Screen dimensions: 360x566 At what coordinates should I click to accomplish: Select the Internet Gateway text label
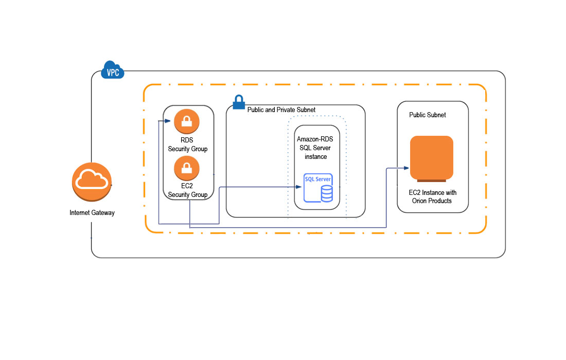[x=92, y=212]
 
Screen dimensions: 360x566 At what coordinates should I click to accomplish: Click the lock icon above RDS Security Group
[x=186, y=121]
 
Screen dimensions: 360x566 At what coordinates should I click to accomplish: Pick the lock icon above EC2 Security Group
[x=186, y=168]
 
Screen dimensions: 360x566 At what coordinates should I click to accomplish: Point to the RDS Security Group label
[x=187, y=145]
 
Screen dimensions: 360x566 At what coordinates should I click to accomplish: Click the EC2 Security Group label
[x=187, y=190]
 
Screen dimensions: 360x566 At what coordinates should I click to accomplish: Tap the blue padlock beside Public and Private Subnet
[x=239, y=102]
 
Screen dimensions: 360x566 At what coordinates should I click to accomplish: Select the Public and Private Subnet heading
[x=281, y=110]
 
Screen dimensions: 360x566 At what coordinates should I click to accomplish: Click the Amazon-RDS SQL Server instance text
[x=316, y=148]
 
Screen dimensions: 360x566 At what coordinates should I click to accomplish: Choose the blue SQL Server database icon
[x=318, y=188]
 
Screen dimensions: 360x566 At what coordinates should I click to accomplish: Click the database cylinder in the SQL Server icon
[x=326, y=194]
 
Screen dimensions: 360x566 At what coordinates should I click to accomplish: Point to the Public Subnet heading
[x=427, y=115]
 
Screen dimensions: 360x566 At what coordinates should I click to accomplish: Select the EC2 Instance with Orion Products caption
[x=432, y=196]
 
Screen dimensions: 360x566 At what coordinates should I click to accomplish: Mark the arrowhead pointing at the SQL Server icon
[x=298, y=187]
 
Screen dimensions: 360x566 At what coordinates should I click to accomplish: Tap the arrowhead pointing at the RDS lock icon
[x=167, y=121]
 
